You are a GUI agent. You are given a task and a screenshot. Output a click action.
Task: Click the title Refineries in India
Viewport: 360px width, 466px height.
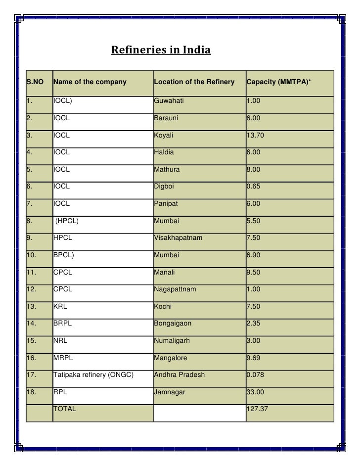click(161, 50)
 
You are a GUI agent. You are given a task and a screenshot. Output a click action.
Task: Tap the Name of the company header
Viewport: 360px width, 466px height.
click(90, 82)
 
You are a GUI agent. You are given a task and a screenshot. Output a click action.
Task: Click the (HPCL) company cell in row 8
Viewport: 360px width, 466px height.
click(66, 221)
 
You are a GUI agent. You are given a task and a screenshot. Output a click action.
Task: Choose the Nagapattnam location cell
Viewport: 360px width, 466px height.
click(175, 289)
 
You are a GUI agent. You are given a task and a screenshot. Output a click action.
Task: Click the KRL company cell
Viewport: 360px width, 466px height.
click(60, 307)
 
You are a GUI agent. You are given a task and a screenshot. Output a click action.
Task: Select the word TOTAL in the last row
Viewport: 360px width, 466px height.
click(65, 409)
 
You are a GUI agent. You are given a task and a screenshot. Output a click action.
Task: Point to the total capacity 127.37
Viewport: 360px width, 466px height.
click(257, 409)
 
